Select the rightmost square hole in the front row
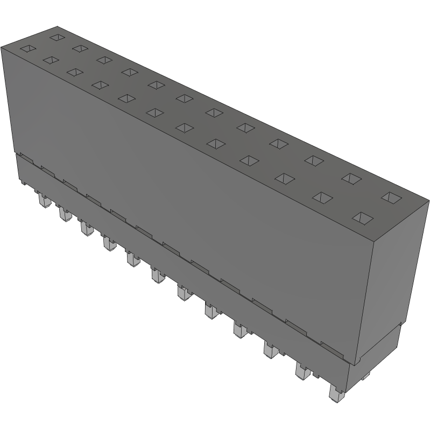coord(363,217)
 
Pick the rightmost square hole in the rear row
coord(391,197)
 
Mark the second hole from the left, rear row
coord(80,48)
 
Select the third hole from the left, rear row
coord(104,59)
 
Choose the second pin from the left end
coord(64,215)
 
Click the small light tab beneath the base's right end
coord(365,376)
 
